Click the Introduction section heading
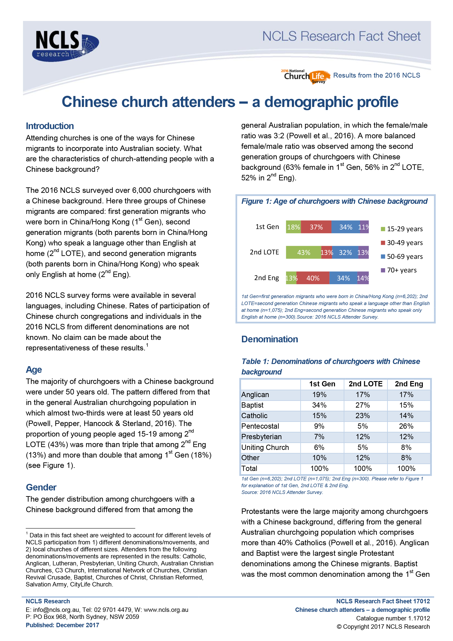click(50, 126)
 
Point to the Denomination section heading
click(270, 339)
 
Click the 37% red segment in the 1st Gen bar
click(316, 227)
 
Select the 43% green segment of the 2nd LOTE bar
click(303, 252)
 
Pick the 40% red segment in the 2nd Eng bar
click(313, 278)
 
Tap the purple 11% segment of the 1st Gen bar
click(364, 227)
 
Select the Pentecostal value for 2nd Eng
click(406, 426)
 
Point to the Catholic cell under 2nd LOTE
click(362, 416)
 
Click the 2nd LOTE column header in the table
click(365, 384)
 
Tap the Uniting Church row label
click(265, 447)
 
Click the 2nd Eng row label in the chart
click(266, 278)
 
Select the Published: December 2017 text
click(62, 625)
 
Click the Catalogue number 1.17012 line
click(393, 618)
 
